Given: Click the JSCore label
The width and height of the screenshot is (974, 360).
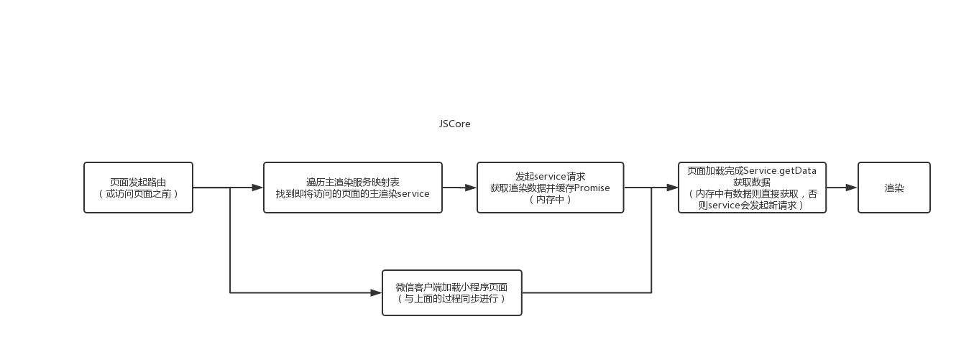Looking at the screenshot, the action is pos(454,124).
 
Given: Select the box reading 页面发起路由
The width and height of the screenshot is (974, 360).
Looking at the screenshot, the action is pos(138,188).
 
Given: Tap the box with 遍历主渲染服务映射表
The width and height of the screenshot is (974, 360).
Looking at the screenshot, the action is pos(352,188).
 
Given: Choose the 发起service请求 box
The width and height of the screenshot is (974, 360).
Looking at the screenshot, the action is pos(550,188).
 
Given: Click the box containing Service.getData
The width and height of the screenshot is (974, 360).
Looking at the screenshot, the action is pos(752,188).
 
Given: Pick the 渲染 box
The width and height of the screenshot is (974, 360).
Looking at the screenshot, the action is pos(893,188).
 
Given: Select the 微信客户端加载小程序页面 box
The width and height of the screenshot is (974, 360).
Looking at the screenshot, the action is pos(451,292).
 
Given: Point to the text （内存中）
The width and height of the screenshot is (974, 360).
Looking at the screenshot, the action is pos(550,200).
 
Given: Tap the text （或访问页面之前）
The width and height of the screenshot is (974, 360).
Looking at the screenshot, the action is pos(138,194).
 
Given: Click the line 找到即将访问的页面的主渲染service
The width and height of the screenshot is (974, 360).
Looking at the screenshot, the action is pos(352,194).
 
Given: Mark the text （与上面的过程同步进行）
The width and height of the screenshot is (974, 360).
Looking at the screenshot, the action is pos(451,299).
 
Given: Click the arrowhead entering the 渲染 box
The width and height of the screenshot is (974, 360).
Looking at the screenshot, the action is pos(852,188).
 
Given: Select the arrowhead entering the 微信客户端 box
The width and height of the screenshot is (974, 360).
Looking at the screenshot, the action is pos(376,292).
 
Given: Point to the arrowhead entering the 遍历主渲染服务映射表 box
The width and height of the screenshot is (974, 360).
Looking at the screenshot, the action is pos(257,188).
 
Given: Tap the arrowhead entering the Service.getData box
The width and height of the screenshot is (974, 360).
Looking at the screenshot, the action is pos(672,188).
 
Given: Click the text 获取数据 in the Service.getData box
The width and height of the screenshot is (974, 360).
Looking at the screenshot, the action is pos(752,183).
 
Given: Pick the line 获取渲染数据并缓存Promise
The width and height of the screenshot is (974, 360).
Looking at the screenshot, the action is pos(550,188).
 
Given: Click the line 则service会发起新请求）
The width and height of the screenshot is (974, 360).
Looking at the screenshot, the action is pos(752,206).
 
